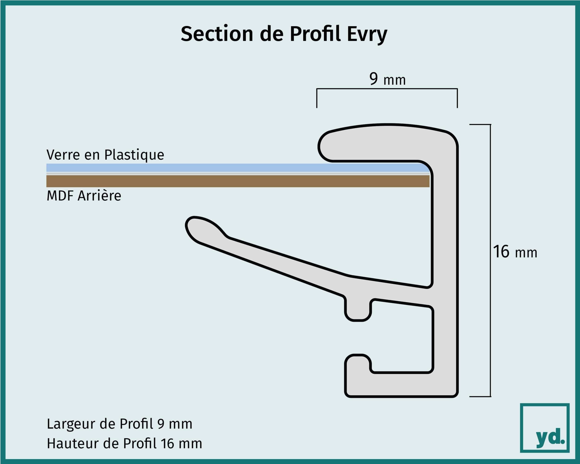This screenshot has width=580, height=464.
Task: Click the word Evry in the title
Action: pos(367,34)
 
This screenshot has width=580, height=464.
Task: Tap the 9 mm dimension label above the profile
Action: pos(387,79)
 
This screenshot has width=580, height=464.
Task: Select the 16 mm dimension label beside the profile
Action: pos(515,252)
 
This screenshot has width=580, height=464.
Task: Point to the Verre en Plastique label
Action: pos(105,155)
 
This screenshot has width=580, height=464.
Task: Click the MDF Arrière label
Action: pos(84,196)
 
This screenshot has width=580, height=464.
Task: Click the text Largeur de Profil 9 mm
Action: pos(119,424)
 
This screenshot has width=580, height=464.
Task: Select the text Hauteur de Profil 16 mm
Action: pos(124,444)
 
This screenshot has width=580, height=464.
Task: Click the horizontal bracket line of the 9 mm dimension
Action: pos(387,88)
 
